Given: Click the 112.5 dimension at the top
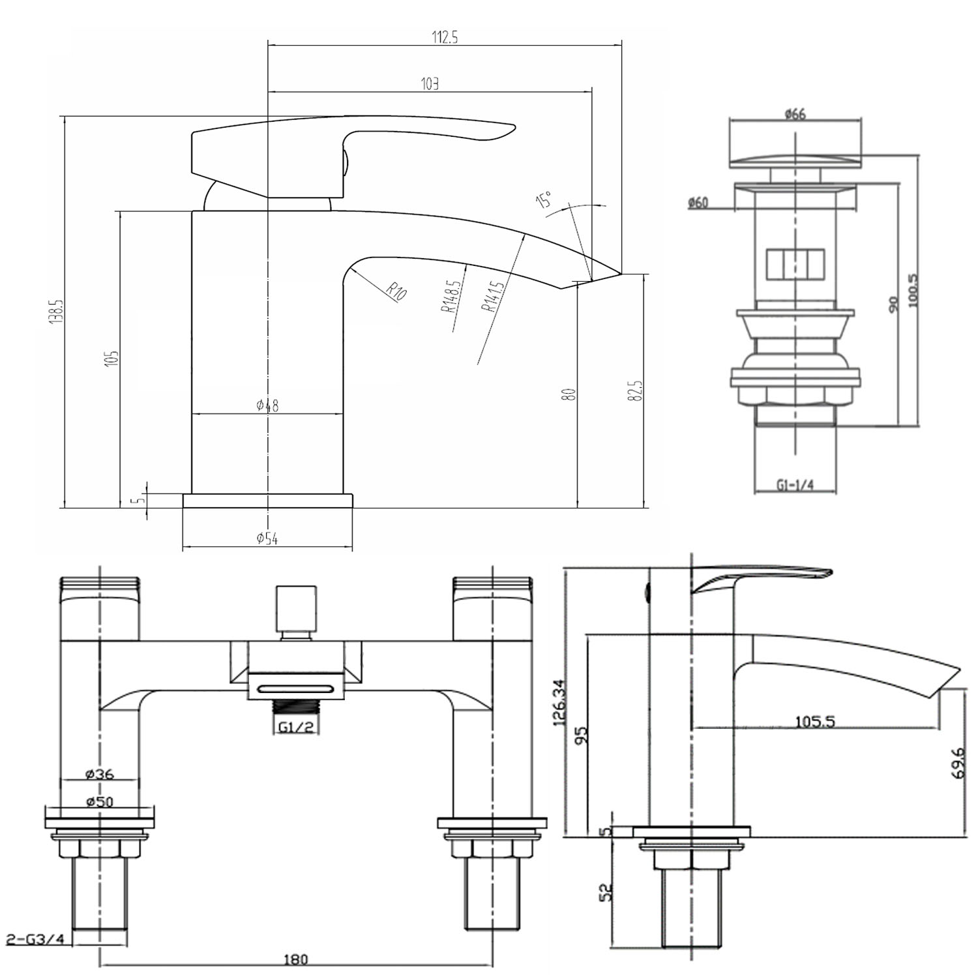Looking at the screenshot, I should click(445, 38).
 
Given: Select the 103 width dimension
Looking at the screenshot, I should click(430, 83).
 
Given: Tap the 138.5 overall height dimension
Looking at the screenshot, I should click(58, 312).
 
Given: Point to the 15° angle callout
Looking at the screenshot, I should click(543, 200).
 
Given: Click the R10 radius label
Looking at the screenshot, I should click(396, 291).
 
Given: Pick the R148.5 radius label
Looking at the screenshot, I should click(454, 297).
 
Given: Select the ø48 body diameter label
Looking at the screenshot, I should click(267, 406).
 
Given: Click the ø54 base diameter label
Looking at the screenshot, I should click(267, 539).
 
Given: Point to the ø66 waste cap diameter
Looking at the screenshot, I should click(795, 114).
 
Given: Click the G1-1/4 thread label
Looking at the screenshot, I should click(795, 485).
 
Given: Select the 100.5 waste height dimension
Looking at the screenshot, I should click(913, 290).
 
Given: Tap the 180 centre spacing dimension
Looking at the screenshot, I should click(295, 959).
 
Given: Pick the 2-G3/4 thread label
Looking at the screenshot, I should click(36, 940).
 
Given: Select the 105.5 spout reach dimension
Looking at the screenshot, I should click(815, 721).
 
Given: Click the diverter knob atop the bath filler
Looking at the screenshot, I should click(297, 608).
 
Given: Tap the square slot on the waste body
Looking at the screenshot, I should click(795, 265).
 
